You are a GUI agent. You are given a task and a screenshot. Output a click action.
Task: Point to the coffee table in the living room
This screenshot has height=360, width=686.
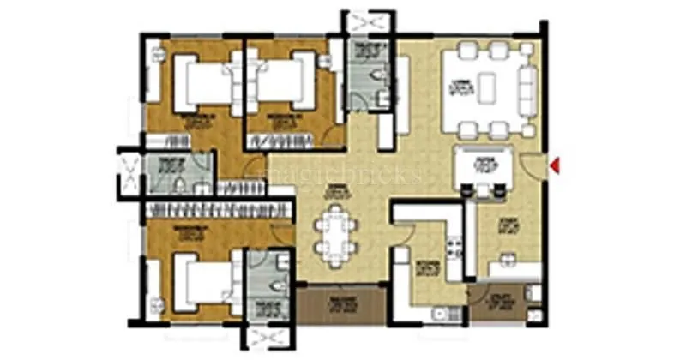487,85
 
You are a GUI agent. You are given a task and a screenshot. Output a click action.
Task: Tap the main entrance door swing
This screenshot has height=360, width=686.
533,166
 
